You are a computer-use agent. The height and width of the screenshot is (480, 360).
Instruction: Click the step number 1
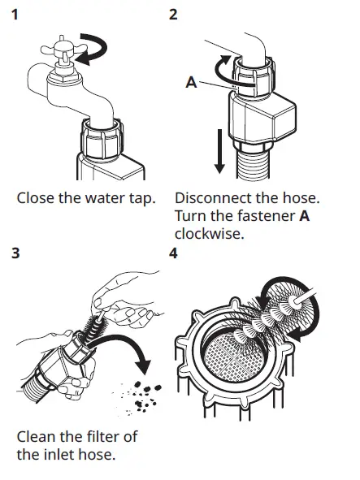19,14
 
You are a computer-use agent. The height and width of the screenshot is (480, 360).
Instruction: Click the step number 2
173,14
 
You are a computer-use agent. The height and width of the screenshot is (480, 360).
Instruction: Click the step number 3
18,253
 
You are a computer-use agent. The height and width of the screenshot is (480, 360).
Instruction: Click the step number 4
173,253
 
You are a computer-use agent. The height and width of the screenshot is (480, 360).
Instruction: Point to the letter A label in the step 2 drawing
191,81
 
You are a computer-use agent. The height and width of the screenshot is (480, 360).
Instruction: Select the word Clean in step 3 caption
37,436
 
